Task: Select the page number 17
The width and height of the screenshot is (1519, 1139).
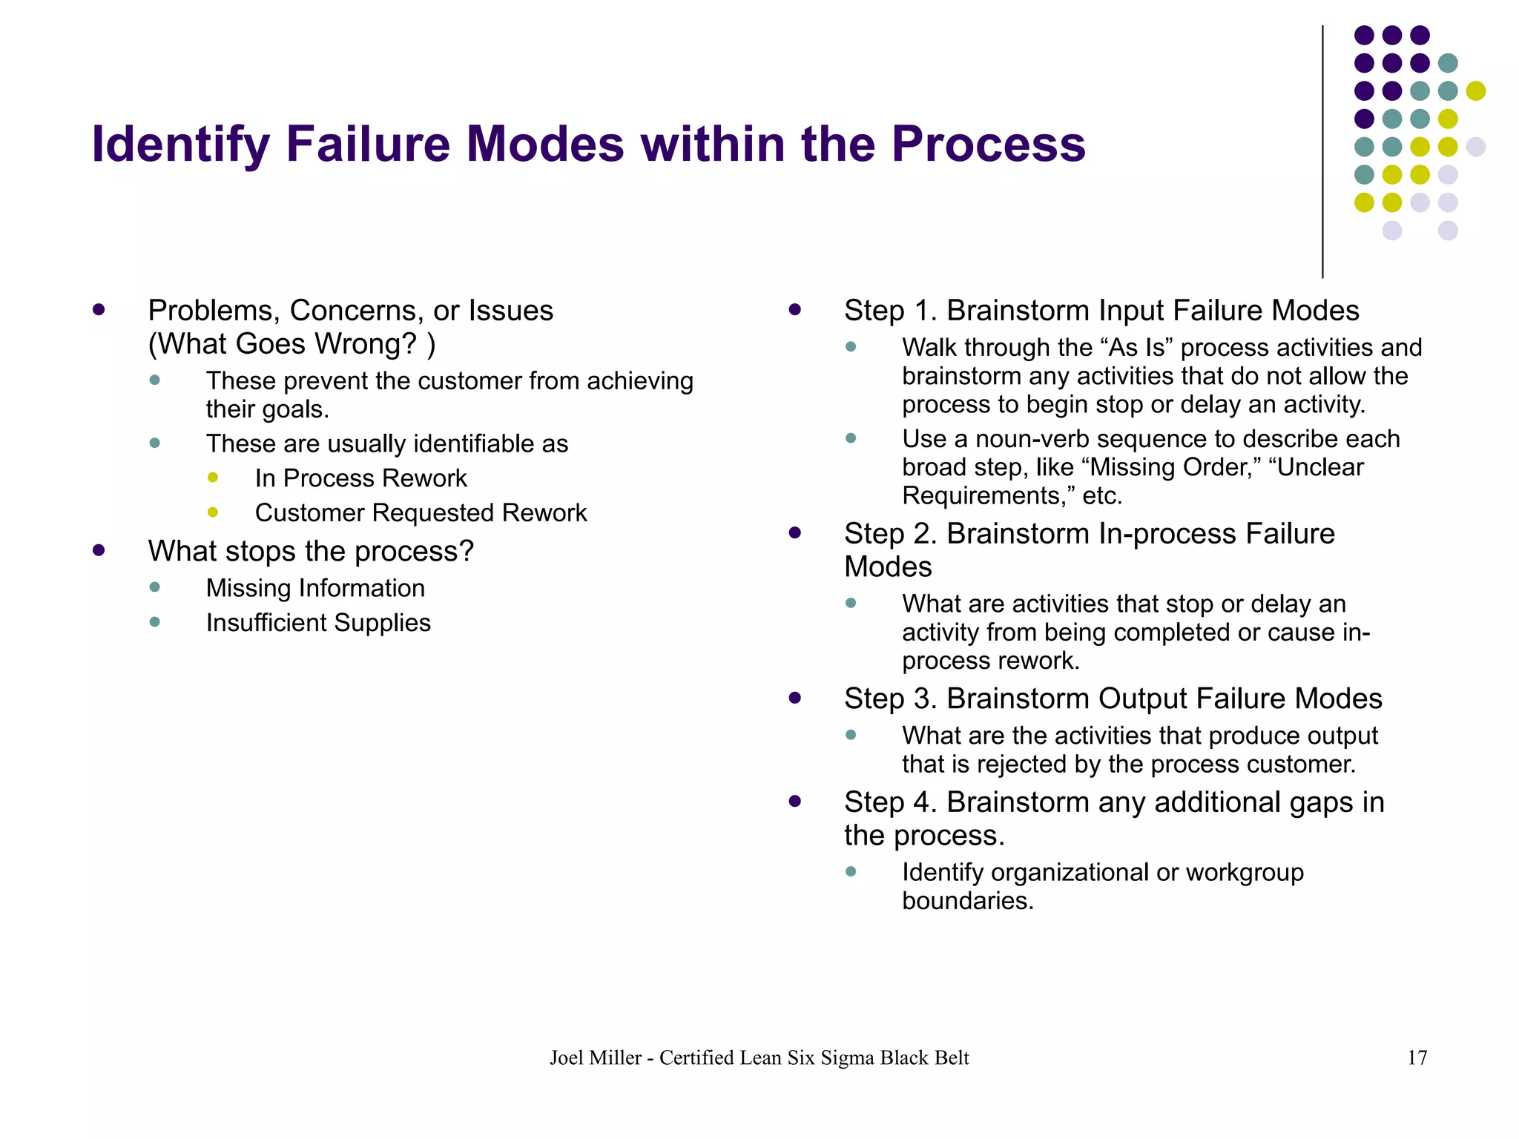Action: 1417,1057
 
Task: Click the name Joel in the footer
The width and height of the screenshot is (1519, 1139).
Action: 567,1057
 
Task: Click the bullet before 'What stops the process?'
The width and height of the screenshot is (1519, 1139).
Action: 99,550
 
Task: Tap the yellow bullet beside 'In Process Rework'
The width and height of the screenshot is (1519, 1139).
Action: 213,478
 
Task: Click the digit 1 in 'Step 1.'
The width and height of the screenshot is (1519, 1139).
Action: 922,311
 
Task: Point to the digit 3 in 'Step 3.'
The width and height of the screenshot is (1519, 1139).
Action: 922,699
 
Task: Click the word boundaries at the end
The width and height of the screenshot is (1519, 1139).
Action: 967,901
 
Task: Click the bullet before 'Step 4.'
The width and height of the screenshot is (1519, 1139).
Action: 795,802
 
